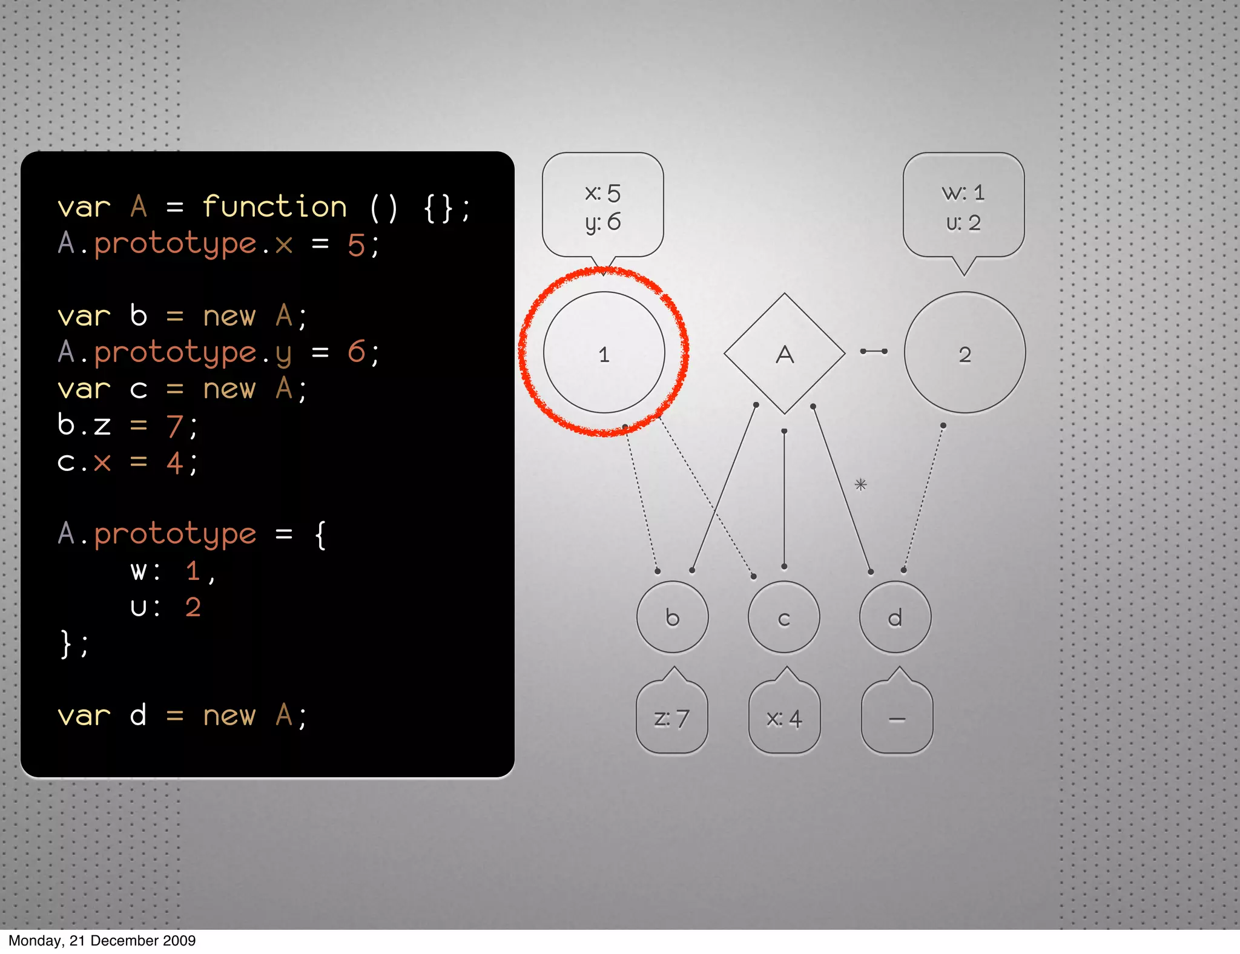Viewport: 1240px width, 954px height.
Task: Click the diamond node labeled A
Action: pyautogui.click(x=784, y=354)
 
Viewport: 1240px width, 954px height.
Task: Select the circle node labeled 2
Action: pyautogui.click(x=965, y=354)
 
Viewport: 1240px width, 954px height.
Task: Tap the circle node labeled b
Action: pyautogui.click(x=672, y=617)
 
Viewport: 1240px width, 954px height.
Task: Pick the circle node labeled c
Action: pyautogui.click(x=784, y=617)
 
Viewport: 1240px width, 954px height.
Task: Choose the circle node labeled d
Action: pyautogui.click(x=895, y=617)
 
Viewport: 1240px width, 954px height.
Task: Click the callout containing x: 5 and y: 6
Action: pyautogui.click(x=603, y=206)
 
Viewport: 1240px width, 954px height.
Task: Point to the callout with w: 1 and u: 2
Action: pyautogui.click(x=963, y=206)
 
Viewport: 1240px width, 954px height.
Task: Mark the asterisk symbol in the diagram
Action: pyautogui.click(x=860, y=484)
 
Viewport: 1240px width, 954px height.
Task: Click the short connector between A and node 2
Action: pyautogui.click(x=874, y=351)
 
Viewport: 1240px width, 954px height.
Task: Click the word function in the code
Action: pyautogui.click(x=274, y=207)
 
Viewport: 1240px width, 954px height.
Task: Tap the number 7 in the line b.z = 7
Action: pyautogui.click(x=174, y=426)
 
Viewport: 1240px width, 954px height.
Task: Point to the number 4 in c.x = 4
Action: pyautogui.click(x=174, y=463)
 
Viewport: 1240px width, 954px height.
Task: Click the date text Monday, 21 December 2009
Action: pyautogui.click(x=102, y=941)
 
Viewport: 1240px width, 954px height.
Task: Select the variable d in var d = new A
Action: pyautogui.click(x=138, y=715)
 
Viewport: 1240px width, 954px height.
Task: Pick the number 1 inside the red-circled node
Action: pyautogui.click(x=604, y=355)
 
